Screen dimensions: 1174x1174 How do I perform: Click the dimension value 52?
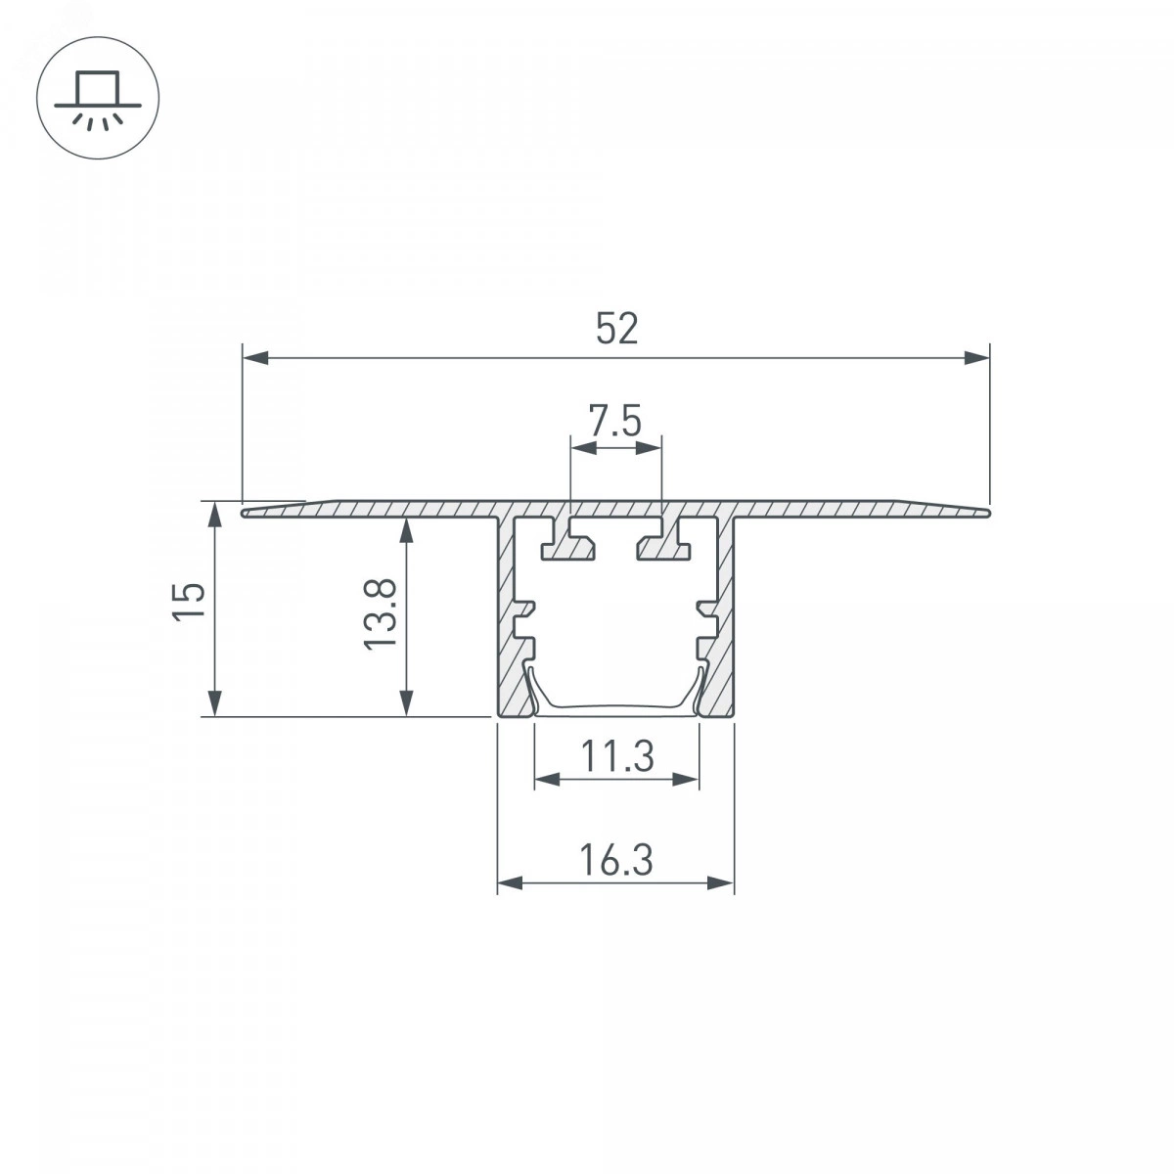point(616,329)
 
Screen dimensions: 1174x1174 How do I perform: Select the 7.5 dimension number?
point(614,421)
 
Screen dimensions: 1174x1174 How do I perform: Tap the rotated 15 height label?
point(189,602)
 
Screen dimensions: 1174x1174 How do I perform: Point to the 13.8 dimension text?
point(381,614)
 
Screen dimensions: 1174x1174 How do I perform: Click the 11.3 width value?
point(616,756)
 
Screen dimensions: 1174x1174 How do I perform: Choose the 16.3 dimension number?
point(616,860)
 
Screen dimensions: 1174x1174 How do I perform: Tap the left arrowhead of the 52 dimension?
point(255,358)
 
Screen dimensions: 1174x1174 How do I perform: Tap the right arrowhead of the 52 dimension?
point(976,358)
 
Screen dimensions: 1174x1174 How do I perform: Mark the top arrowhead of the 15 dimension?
point(214,515)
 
